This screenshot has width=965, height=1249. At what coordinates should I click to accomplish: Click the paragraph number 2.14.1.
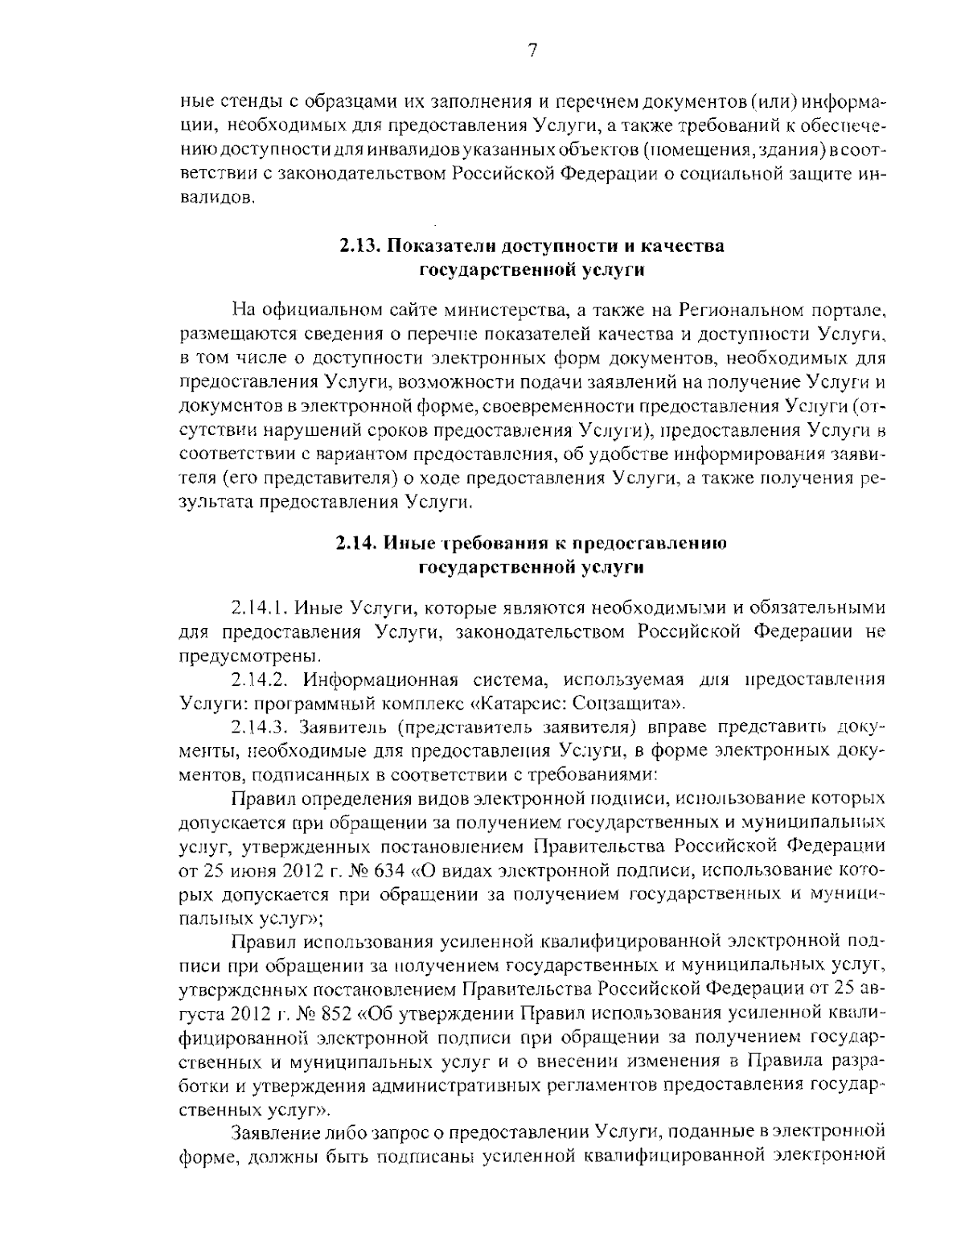coord(257,606)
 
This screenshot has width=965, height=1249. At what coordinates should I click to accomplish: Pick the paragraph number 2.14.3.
coord(257,728)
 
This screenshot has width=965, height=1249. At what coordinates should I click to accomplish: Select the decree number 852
coord(371,1009)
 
